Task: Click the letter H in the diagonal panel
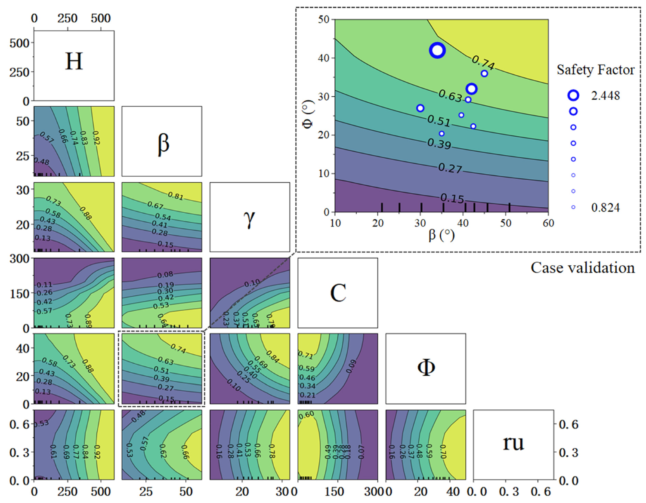coord(74,61)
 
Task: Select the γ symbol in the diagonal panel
coord(249,218)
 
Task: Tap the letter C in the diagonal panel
coord(338,293)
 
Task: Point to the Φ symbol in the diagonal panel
coord(426,368)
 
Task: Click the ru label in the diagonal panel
coord(513,443)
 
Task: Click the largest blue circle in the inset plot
coord(437,50)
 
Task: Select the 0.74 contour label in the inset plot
coord(482,63)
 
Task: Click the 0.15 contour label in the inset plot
coord(452,198)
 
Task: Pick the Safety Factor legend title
coord(595,70)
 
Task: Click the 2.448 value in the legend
coord(605,95)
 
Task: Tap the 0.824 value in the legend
coord(605,208)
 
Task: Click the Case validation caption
coord(582,268)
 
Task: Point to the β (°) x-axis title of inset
coord(441,235)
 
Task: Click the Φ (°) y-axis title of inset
coord(307,115)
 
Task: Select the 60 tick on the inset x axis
coord(548,223)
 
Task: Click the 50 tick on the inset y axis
coord(324,19)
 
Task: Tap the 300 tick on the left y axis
coord(19,259)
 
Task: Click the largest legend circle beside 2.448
coord(573,95)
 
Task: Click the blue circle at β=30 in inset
coord(420,108)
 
